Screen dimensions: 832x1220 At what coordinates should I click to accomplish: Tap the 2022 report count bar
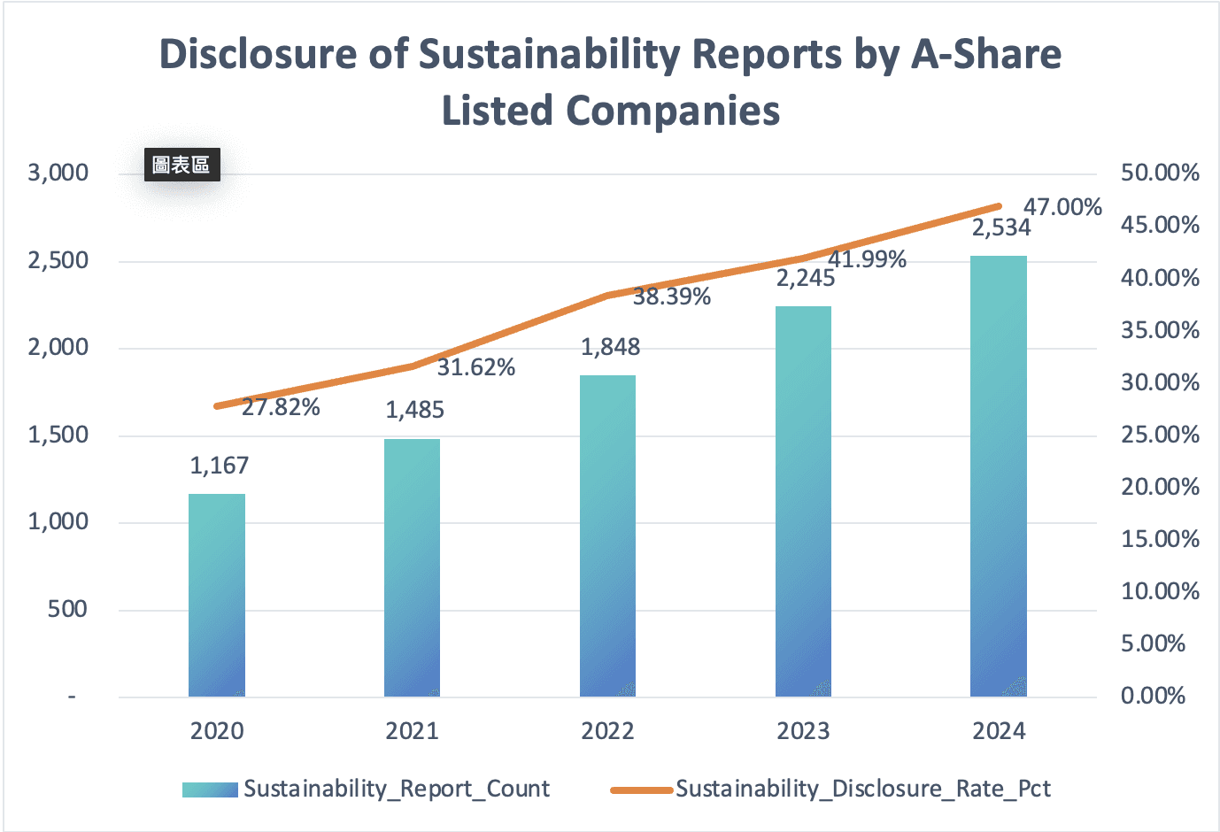(607, 535)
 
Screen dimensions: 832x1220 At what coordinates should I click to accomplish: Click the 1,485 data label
(414, 410)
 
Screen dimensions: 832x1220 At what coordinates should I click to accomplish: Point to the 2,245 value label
(806, 279)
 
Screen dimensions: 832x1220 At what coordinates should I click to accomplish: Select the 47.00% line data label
(1062, 207)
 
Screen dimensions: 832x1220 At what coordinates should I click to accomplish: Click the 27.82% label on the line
(281, 407)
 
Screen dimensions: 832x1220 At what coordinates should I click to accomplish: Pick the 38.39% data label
(672, 297)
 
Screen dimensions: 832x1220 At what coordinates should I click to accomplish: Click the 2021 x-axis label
(413, 731)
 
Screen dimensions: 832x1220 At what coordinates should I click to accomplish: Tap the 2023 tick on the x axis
(803, 731)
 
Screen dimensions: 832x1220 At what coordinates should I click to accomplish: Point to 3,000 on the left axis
(58, 173)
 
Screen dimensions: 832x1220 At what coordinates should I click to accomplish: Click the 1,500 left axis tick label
(58, 435)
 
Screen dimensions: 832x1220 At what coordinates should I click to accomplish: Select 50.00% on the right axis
(1160, 173)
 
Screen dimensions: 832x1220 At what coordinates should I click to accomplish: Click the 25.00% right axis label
(1160, 435)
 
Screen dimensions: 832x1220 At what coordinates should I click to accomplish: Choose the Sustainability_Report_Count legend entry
(397, 789)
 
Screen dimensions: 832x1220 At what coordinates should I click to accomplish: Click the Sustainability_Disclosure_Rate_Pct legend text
(863, 789)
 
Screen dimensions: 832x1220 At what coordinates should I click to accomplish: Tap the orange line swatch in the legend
(642, 790)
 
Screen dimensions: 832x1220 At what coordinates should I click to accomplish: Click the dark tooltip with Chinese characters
(181, 165)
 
